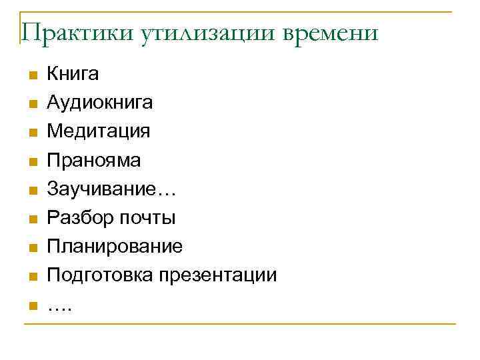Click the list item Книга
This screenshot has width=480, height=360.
click(x=73, y=73)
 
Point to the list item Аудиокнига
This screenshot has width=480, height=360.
click(x=99, y=103)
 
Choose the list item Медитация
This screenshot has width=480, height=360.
click(x=98, y=131)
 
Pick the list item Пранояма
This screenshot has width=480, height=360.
click(x=94, y=160)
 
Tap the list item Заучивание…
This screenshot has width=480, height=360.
click(x=111, y=189)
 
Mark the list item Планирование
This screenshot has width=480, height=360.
click(x=114, y=247)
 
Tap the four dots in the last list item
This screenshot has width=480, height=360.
click(x=61, y=308)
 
